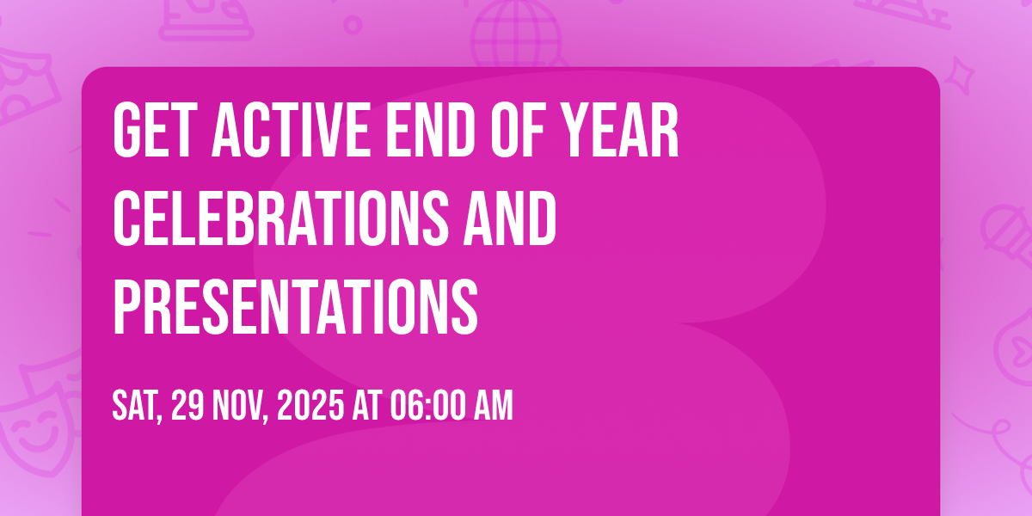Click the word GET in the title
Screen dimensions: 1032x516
pos(152,130)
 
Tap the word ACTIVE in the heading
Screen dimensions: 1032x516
pos(292,130)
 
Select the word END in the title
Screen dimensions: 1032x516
pos(431,130)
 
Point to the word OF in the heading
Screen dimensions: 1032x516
pos(519,130)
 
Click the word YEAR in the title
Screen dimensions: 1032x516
pos(621,130)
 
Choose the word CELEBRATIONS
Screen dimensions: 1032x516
pos(280,218)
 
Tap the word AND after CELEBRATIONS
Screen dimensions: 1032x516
pos(510,218)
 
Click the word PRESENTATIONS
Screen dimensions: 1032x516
pos(295,307)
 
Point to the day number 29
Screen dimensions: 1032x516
pos(187,405)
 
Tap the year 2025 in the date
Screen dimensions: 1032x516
pos(310,405)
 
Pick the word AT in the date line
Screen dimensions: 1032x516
pos(367,405)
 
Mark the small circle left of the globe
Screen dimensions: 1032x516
pos(353,25)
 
